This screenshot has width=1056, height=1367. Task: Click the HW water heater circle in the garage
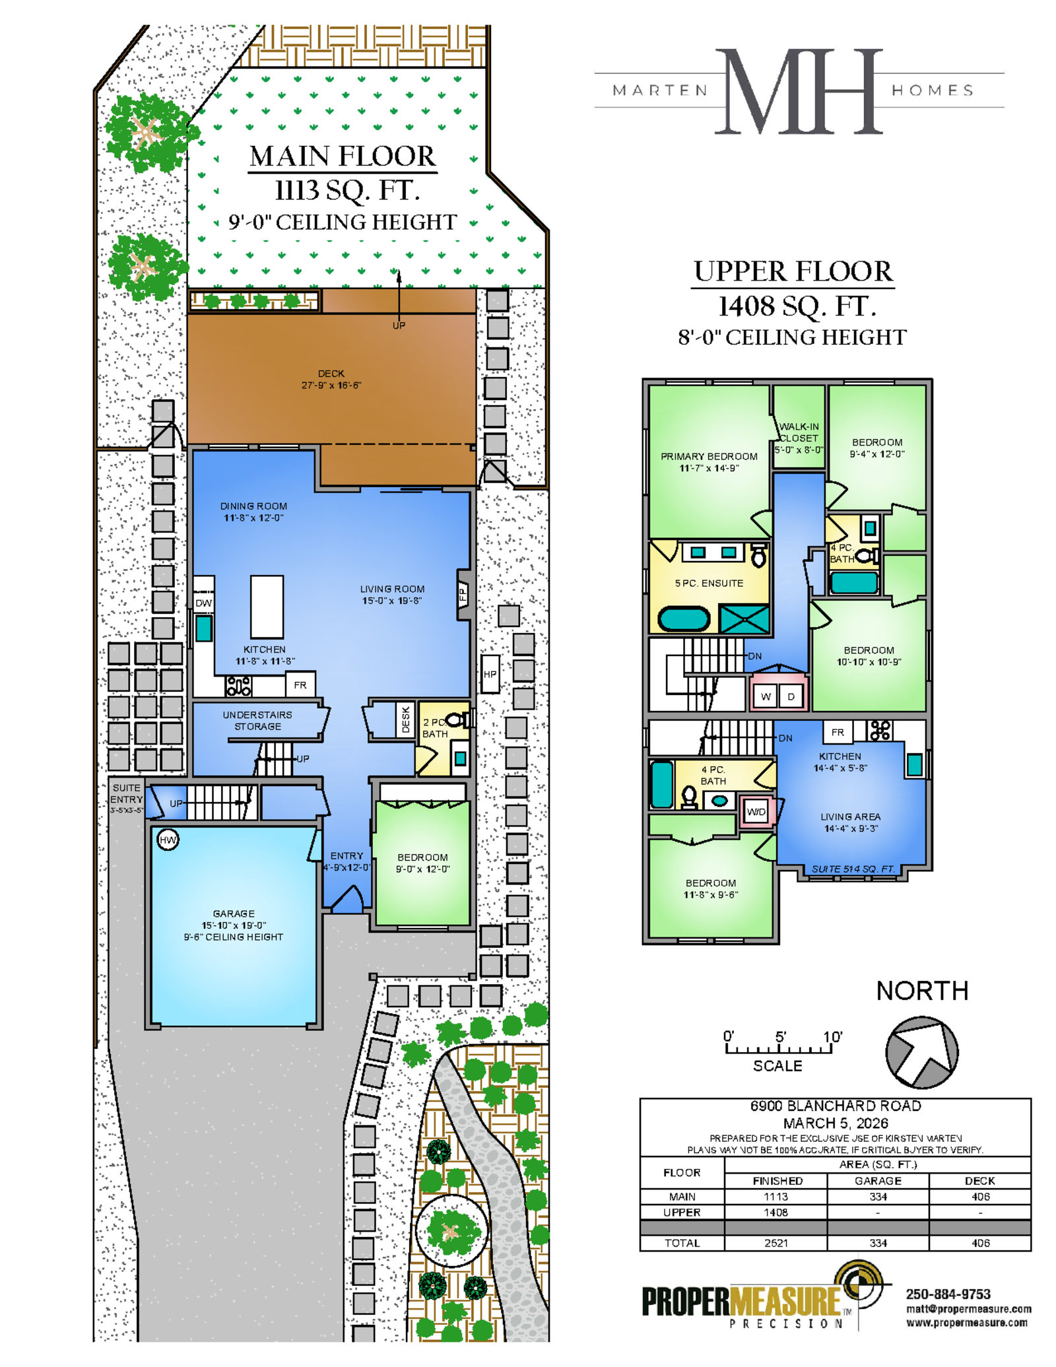pyautogui.click(x=168, y=840)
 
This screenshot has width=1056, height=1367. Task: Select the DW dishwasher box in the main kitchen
pyautogui.click(x=203, y=603)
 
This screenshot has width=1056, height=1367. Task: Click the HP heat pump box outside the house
pyautogui.click(x=490, y=674)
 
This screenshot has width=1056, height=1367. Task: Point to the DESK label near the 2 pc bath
pyautogui.click(x=405, y=719)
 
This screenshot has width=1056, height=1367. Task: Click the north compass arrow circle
pyautogui.click(x=921, y=1052)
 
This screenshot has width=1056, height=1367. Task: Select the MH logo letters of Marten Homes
pyautogui.click(x=799, y=91)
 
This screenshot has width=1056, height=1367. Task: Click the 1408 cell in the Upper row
pyautogui.click(x=775, y=1212)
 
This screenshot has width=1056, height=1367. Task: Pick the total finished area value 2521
pyautogui.click(x=775, y=1243)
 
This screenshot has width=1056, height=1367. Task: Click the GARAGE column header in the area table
pyautogui.click(x=878, y=1180)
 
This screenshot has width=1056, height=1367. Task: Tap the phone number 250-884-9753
pyautogui.click(x=948, y=1294)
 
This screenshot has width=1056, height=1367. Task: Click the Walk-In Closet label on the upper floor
pyautogui.click(x=799, y=438)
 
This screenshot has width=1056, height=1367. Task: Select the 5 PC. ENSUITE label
pyautogui.click(x=709, y=583)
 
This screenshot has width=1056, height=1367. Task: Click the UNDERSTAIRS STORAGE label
pyautogui.click(x=257, y=720)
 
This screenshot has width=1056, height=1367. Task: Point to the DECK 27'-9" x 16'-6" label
pyautogui.click(x=331, y=379)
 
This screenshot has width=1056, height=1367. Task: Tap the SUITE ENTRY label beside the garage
pyautogui.click(x=126, y=798)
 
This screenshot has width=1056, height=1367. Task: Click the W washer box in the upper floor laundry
pyautogui.click(x=766, y=696)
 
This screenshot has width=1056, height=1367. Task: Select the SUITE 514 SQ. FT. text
pyautogui.click(x=853, y=869)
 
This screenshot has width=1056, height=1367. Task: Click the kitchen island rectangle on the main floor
pyautogui.click(x=267, y=606)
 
